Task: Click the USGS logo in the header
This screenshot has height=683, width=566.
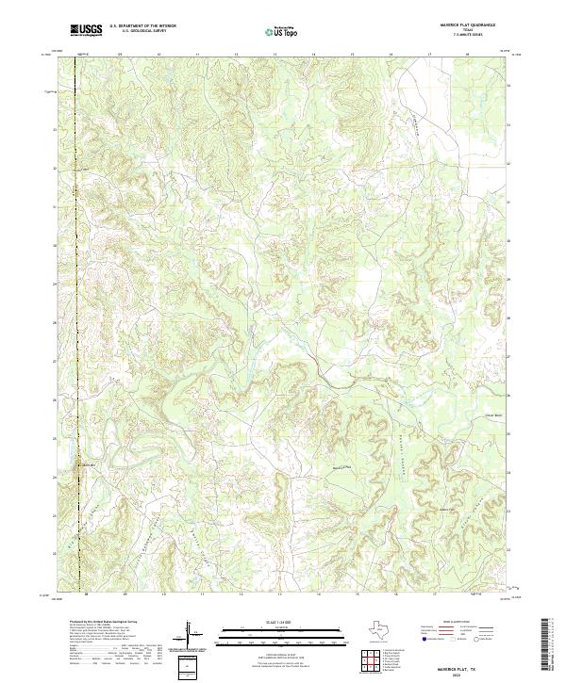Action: [x=87, y=30]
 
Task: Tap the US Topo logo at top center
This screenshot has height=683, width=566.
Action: [x=281, y=31]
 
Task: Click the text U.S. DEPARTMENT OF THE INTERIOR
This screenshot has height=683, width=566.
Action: [x=142, y=26]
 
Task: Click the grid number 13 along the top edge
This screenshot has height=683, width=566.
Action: [x=274, y=56]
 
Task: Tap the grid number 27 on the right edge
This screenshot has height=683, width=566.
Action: [x=510, y=357]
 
